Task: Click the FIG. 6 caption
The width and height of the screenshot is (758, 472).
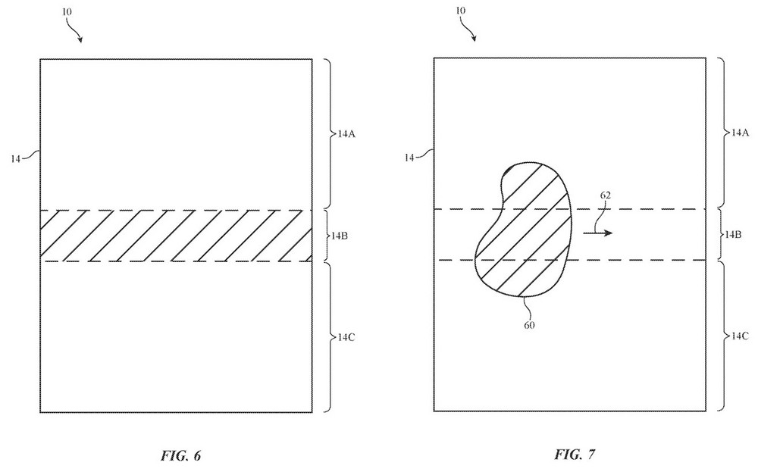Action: (181, 455)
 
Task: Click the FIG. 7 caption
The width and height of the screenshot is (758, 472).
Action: (575, 455)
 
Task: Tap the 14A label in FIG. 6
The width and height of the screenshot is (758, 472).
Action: (346, 134)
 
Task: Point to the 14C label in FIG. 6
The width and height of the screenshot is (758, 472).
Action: (346, 337)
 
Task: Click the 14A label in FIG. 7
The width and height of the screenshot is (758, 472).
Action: (740, 133)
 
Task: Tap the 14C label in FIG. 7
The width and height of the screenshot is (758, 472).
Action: (740, 336)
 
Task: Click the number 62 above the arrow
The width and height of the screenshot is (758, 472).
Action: (605, 195)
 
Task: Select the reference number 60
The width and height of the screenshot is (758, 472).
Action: (529, 325)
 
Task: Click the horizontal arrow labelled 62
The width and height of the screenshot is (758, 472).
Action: (598, 233)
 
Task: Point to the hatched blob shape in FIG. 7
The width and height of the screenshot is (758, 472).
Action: (523, 230)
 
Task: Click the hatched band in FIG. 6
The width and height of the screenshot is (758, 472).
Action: (176, 236)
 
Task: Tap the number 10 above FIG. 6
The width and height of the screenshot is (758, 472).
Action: (67, 11)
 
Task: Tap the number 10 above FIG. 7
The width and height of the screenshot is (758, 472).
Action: (461, 11)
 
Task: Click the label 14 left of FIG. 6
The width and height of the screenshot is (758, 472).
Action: (16, 158)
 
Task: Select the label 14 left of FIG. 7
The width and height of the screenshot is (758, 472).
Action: (409, 158)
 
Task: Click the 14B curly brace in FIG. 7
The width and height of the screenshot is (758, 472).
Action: (720, 235)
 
